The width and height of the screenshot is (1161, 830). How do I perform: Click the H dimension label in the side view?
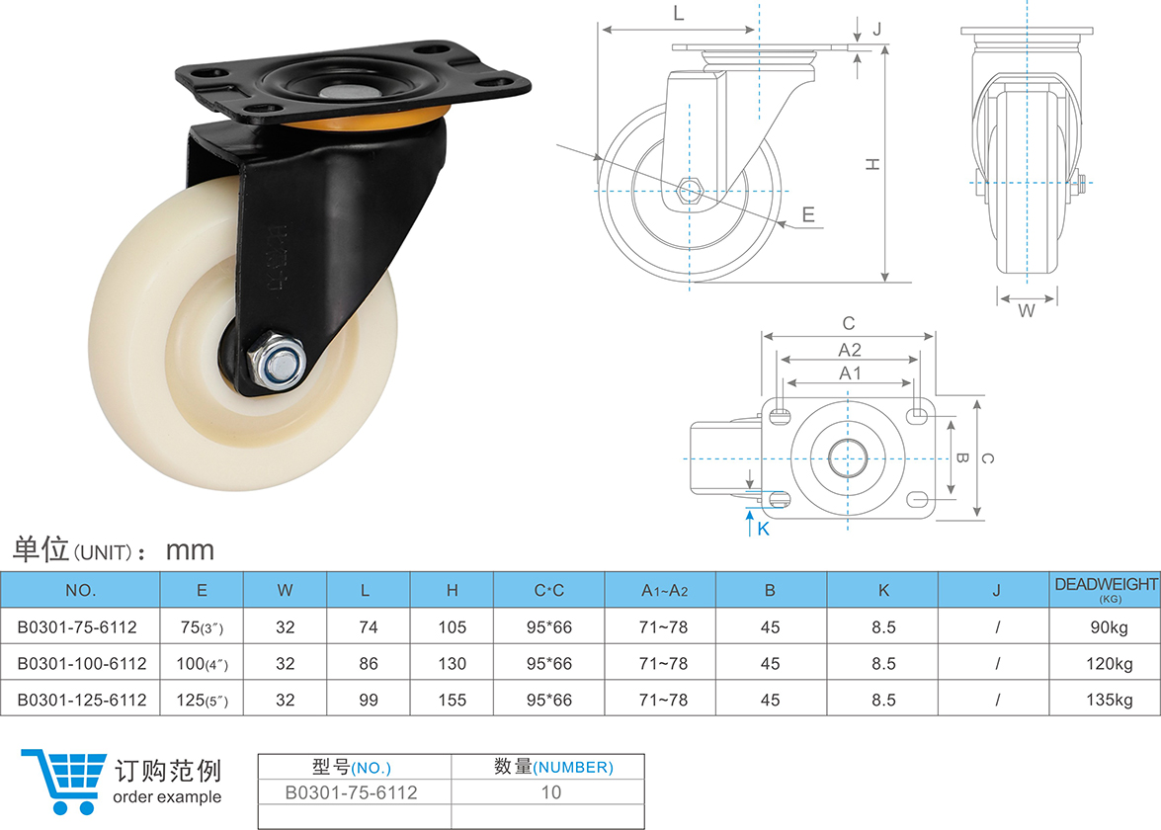pos(871,165)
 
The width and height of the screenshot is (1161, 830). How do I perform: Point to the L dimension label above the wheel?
pos(678,14)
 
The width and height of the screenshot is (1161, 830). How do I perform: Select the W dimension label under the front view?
pos(1027,310)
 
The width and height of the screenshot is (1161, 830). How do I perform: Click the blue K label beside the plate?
pos(763,530)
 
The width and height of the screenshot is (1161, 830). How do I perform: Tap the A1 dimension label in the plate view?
pos(850,373)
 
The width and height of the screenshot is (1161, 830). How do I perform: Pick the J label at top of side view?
pos(876,28)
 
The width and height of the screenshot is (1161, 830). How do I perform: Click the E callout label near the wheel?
pos(807,213)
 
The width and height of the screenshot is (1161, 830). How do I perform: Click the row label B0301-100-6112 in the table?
pos(81,663)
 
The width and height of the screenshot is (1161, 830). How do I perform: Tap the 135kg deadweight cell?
pos(1105,700)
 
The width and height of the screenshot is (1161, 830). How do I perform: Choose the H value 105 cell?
pos(452,626)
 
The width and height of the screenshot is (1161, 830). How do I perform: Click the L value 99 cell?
pos(368,700)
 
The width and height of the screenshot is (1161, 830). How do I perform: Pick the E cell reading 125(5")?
pos(202,700)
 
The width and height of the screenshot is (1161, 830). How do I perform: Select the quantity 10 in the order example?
pos(549,791)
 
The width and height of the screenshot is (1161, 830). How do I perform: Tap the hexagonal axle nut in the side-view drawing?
pos(691,189)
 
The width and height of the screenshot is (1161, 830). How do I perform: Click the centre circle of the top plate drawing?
pos(848,458)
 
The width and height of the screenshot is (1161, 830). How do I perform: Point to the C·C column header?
pos(549,591)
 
